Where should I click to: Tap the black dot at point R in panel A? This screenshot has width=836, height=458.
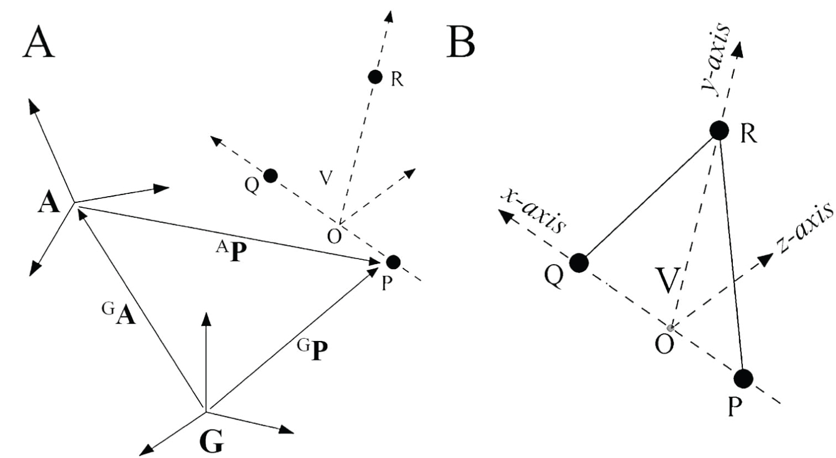tap(375, 77)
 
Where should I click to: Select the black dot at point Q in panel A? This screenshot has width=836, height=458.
tap(270, 176)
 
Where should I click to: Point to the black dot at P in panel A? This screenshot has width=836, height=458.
tap(393, 261)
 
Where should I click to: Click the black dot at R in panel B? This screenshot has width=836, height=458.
tap(719, 130)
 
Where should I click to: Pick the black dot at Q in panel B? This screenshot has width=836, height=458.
tap(579, 262)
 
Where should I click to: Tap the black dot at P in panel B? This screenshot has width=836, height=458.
tap(743, 379)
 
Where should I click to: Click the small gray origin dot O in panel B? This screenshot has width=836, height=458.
tap(671, 328)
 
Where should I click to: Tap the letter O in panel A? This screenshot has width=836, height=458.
tap(334, 237)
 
